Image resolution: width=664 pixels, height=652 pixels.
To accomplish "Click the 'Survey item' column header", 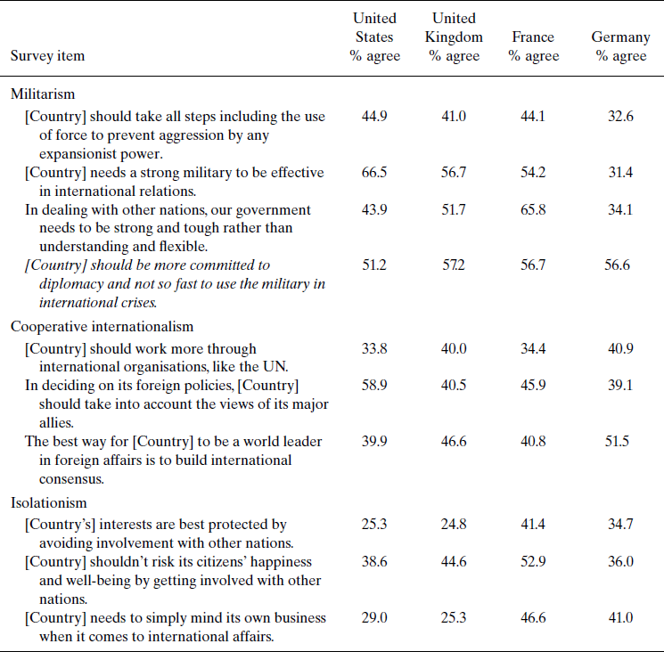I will (48, 56).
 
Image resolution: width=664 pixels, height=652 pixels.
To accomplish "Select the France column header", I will (533, 46).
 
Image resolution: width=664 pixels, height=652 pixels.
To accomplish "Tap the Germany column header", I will (621, 46).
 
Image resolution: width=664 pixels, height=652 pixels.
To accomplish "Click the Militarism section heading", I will (43, 94).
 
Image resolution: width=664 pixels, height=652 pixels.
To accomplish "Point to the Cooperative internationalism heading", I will (102, 326).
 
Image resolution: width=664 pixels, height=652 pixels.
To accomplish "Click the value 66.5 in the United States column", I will (373, 172).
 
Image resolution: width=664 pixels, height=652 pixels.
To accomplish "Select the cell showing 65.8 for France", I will (533, 210).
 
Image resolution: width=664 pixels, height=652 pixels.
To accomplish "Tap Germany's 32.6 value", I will (620, 117).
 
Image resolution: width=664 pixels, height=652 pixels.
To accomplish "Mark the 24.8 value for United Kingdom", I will (454, 525).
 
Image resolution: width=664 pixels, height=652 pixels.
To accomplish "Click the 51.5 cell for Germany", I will (620, 443).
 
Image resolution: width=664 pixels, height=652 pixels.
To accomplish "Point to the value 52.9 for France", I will (533, 563).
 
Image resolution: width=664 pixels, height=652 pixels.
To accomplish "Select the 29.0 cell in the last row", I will (373, 617).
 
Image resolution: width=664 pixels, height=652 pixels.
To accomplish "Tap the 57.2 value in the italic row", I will (454, 265).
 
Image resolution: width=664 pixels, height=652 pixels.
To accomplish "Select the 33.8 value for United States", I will (373, 348).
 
